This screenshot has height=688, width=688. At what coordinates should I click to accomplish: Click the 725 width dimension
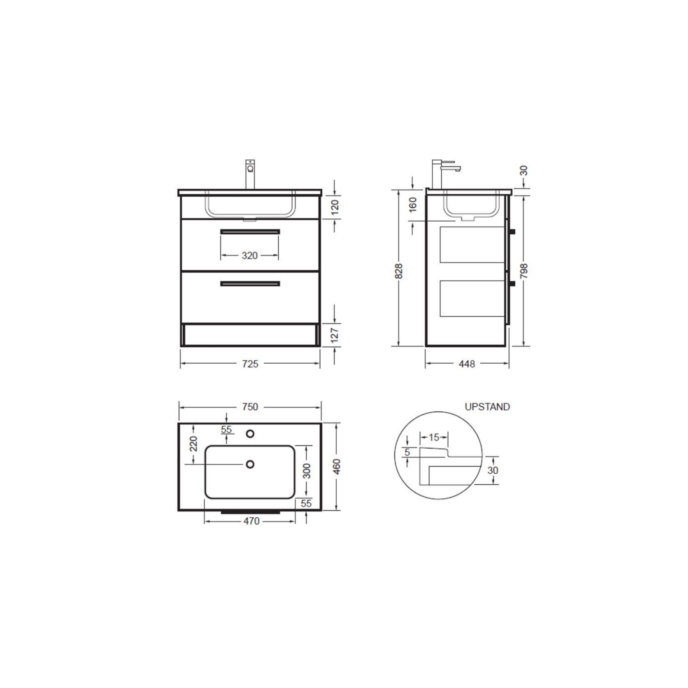tap(250, 364)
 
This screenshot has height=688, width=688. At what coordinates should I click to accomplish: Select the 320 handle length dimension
tap(250, 256)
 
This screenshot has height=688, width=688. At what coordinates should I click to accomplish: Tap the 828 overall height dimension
tap(399, 271)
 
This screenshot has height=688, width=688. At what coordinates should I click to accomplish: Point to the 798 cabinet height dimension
tap(524, 271)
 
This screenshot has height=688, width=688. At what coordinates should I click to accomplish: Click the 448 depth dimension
tap(467, 364)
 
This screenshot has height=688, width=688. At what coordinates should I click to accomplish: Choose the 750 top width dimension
tap(250, 407)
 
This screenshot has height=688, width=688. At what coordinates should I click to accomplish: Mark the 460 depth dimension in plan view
tap(337, 467)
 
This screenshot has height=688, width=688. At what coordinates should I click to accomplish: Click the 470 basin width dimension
tap(251, 521)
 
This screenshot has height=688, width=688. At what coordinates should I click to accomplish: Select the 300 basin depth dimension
tap(307, 471)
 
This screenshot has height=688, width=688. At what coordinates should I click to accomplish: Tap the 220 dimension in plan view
tap(193, 444)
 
